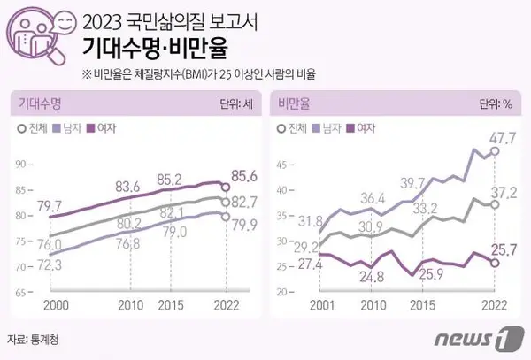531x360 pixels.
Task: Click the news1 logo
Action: pos(479,339)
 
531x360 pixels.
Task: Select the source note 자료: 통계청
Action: pos(36,339)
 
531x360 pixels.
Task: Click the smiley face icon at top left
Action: pos(64,23)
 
